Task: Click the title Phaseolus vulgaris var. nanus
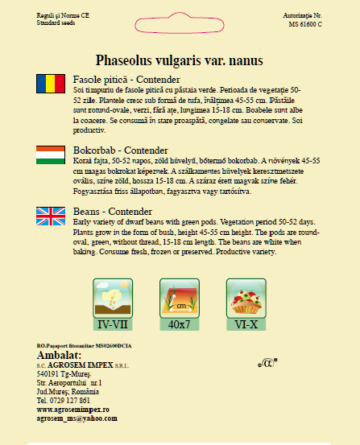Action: pyautogui.click(x=180, y=60)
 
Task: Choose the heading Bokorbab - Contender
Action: pyautogui.click(x=120, y=150)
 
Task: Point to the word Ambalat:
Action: pyautogui.click(x=60, y=355)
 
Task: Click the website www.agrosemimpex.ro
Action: pyautogui.click(x=73, y=410)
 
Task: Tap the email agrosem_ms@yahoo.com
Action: pyautogui.click(x=77, y=418)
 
